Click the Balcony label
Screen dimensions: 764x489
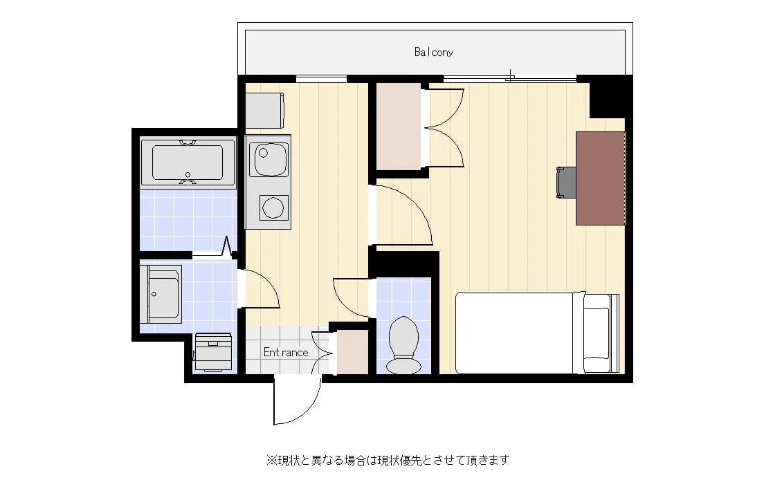pyautogui.click(x=434, y=52)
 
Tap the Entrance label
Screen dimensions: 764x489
pyautogui.click(x=286, y=352)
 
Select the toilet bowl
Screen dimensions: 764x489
pyautogui.click(x=404, y=337)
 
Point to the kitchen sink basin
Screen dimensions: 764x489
pyautogui.click(x=269, y=159)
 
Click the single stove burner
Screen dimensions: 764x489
pyautogui.click(x=273, y=208)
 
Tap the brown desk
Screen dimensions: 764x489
pyautogui.click(x=600, y=178)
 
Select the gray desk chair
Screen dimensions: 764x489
pyautogui.click(x=566, y=183)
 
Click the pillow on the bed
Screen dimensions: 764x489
pyautogui.click(x=597, y=333)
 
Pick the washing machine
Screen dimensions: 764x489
pyautogui.click(x=212, y=351)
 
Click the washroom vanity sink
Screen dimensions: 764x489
pyautogui.click(x=161, y=294)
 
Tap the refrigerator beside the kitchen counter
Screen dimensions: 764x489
pyautogui.click(x=264, y=111)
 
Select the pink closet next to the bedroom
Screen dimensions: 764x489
pyautogui.click(x=399, y=127)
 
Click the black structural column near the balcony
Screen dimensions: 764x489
pyautogui.click(x=607, y=97)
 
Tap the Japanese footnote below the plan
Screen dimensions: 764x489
pyautogui.click(x=388, y=460)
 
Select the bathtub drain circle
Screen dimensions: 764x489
pyautogui.click(x=188, y=174)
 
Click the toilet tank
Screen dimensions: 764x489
pyautogui.click(x=404, y=365)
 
